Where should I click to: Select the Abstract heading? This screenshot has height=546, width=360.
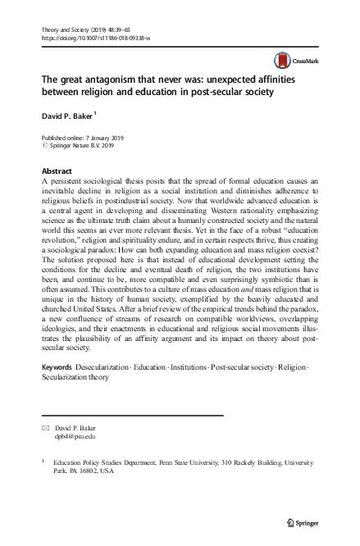pos(55,170)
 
